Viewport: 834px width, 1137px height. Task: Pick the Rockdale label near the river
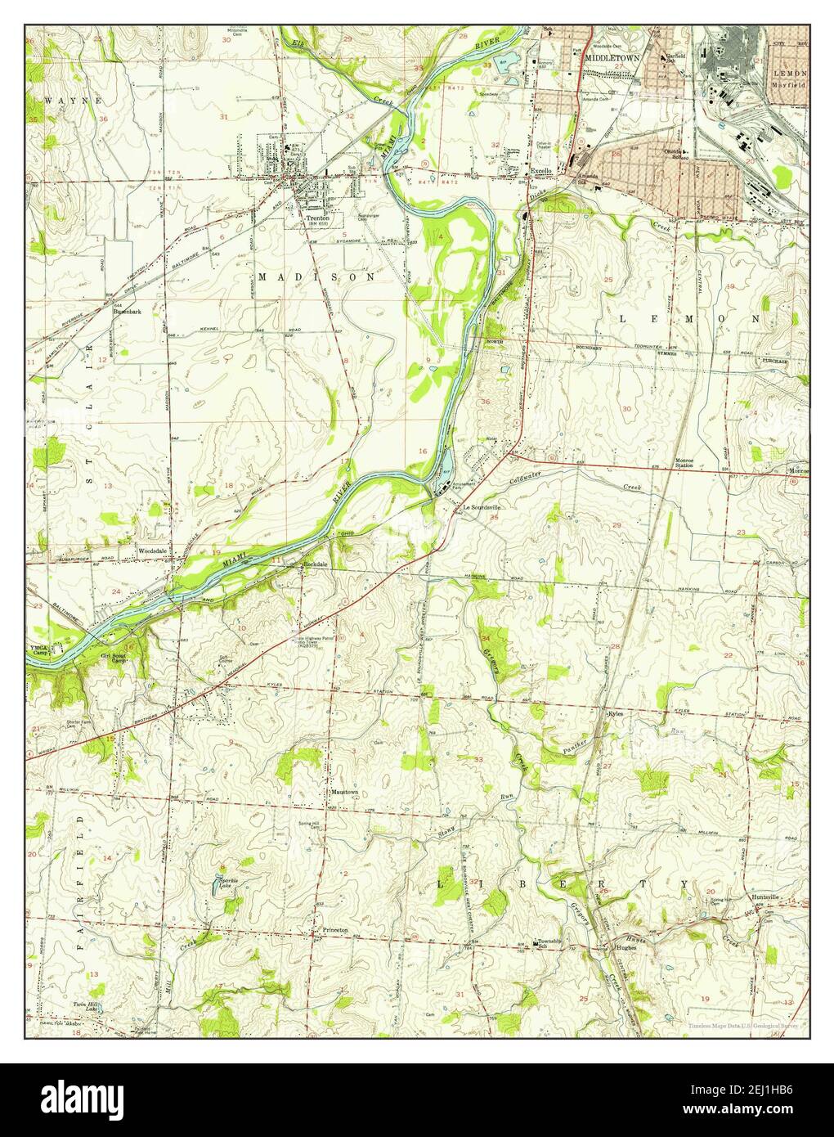(x=315, y=564)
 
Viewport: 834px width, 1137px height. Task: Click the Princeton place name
(x=335, y=930)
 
